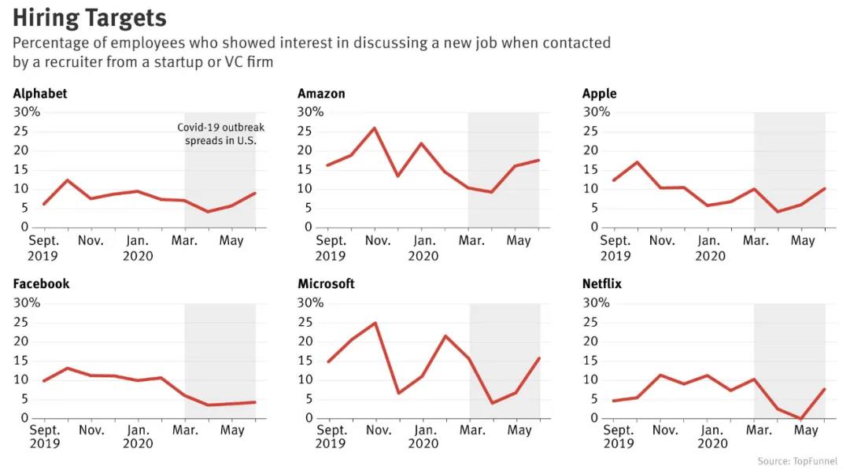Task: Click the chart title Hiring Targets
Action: (x=90, y=18)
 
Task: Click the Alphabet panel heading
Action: (x=40, y=93)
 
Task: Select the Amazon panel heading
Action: (x=321, y=93)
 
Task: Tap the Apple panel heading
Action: (x=599, y=94)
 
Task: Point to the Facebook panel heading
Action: (x=41, y=283)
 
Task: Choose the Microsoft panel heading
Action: (x=326, y=283)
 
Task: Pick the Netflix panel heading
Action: (x=602, y=283)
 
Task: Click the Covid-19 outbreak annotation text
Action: (x=220, y=134)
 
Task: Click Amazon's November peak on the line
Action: (x=375, y=128)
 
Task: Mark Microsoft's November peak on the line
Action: (x=375, y=323)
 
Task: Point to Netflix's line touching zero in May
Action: (x=800, y=419)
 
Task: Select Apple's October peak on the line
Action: (x=637, y=162)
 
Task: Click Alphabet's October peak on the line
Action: (x=67, y=180)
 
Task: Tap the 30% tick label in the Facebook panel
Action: (x=27, y=302)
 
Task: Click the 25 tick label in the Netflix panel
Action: (x=590, y=322)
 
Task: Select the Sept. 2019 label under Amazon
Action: (x=331, y=248)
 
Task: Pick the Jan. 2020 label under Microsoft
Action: (x=423, y=436)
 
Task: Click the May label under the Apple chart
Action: (x=803, y=240)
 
